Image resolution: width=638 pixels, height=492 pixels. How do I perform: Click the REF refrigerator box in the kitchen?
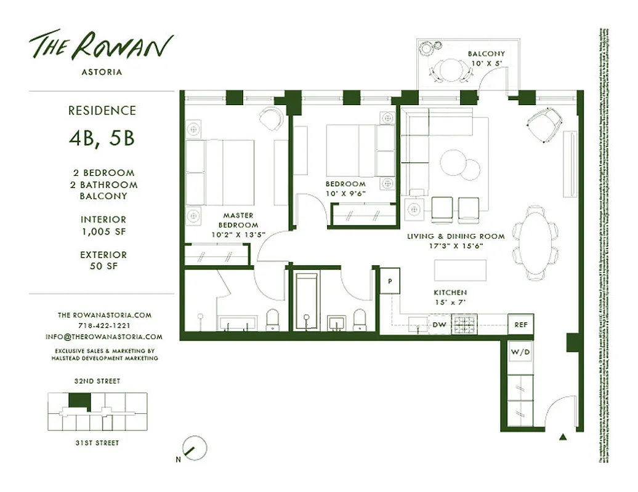520,324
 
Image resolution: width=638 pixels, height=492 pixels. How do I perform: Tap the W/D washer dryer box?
520,352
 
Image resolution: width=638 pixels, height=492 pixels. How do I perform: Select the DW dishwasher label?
439,324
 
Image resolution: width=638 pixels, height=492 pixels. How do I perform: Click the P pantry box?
390,280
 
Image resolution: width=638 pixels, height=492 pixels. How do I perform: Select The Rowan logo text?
102,46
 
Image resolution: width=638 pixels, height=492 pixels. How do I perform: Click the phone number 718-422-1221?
103,326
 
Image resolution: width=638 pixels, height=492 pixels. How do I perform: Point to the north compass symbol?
195,448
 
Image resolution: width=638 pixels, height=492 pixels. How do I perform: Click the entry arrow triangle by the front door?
562,437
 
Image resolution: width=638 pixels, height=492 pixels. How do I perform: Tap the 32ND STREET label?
97,381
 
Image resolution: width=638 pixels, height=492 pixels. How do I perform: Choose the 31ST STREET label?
97,443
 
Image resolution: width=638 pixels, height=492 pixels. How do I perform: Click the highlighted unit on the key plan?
79,402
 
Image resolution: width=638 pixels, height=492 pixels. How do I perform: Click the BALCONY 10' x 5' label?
486,58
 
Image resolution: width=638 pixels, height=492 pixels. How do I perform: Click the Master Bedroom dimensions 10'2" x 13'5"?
238,234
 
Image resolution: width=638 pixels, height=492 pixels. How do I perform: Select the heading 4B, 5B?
102,138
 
